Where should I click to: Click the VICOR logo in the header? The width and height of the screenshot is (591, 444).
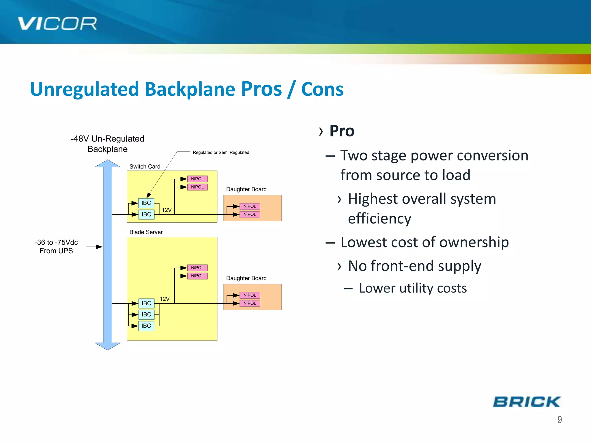coord(57,24)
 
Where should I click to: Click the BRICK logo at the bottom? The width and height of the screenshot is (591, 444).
coord(527,402)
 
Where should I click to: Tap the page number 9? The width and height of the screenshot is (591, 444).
coord(559,419)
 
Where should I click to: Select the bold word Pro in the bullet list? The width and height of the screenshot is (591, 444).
coord(342,131)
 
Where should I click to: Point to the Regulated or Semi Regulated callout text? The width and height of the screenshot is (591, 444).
coord(221,152)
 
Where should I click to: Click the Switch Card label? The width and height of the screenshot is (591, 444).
coord(145,166)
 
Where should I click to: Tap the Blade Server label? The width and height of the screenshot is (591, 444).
coord(146,232)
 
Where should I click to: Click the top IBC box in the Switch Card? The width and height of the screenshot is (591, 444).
coord(146,203)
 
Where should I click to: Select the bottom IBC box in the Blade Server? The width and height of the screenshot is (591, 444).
coord(146,326)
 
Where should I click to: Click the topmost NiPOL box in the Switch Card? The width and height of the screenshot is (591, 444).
coord(197,179)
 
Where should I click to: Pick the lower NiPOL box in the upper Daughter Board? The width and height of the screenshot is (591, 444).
coord(250,214)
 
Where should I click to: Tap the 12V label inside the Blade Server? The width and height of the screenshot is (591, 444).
coord(164,299)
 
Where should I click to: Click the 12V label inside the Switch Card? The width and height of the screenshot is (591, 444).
coord(167,210)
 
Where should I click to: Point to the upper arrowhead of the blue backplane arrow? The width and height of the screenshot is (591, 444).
coord(107,164)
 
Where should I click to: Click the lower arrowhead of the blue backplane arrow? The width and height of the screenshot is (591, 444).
coord(107,346)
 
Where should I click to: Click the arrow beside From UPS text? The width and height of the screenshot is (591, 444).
coord(94,247)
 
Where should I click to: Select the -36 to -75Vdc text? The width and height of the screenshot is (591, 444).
coord(56,242)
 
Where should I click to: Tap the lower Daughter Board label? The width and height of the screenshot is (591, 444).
coord(246,278)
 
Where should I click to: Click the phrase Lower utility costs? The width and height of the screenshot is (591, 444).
coord(413,288)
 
